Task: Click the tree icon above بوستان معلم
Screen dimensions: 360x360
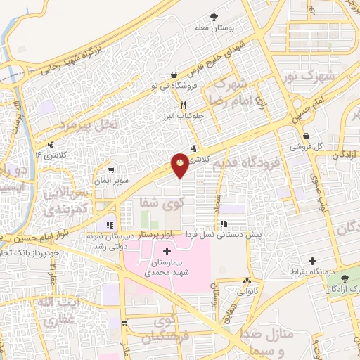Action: pyautogui.click(x=213, y=15)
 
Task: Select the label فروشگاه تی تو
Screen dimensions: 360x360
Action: pyautogui.click(x=172, y=86)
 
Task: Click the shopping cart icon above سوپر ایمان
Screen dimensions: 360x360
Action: pyautogui.click(x=110, y=169)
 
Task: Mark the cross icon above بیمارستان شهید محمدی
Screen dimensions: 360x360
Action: pyautogui.click(x=167, y=251)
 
